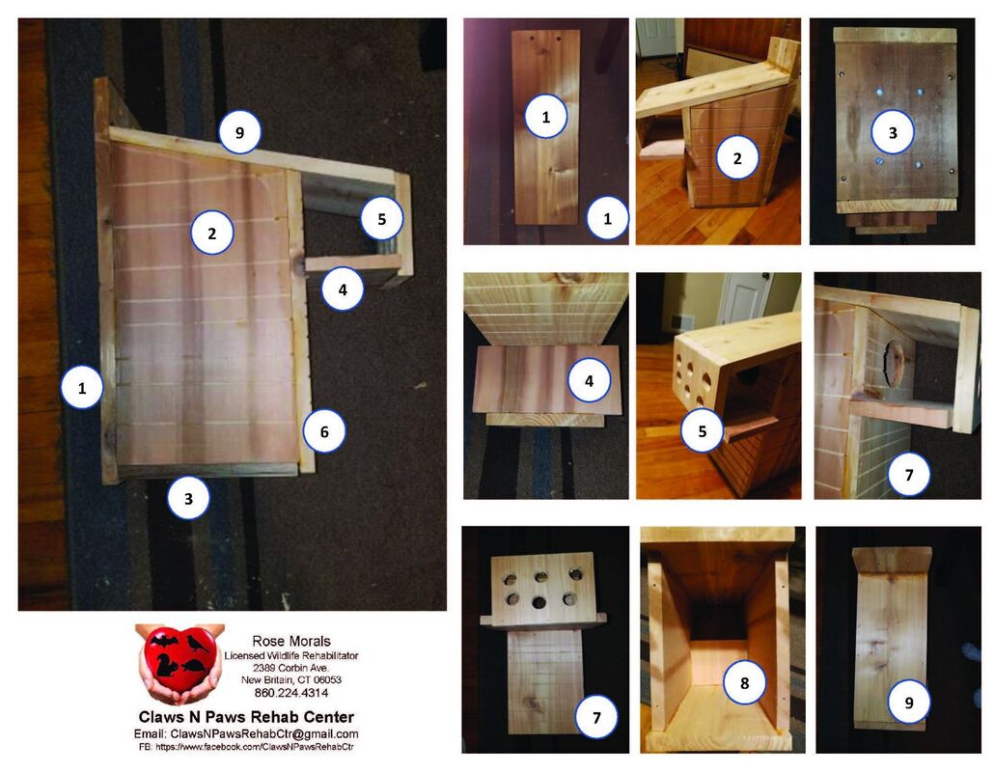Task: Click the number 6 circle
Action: pyautogui.click(x=324, y=432)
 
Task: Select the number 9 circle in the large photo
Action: pyautogui.click(x=238, y=133)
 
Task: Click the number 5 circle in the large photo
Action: pyautogui.click(x=382, y=219)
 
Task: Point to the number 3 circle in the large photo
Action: pyautogui.click(x=188, y=499)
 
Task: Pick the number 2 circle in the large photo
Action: pyautogui.click(x=211, y=233)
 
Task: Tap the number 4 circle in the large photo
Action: pyautogui.click(x=343, y=289)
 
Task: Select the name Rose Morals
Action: pyautogui.click(x=290, y=641)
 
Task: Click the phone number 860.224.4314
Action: pyautogui.click(x=290, y=692)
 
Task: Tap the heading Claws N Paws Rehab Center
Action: pyautogui.click(x=246, y=717)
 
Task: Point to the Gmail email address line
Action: pyautogui.click(x=246, y=733)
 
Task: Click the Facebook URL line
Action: pyautogui.click(x=246, y=747)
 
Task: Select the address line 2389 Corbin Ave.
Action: pyautogui.click(x=290, y=667)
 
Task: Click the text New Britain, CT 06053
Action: pyautogui.click(x=290, y=679)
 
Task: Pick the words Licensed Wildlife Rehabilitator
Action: pyautogui.click(x=290, y=654)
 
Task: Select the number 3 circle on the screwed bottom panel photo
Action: pyautogui.click(x=892, y=134)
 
